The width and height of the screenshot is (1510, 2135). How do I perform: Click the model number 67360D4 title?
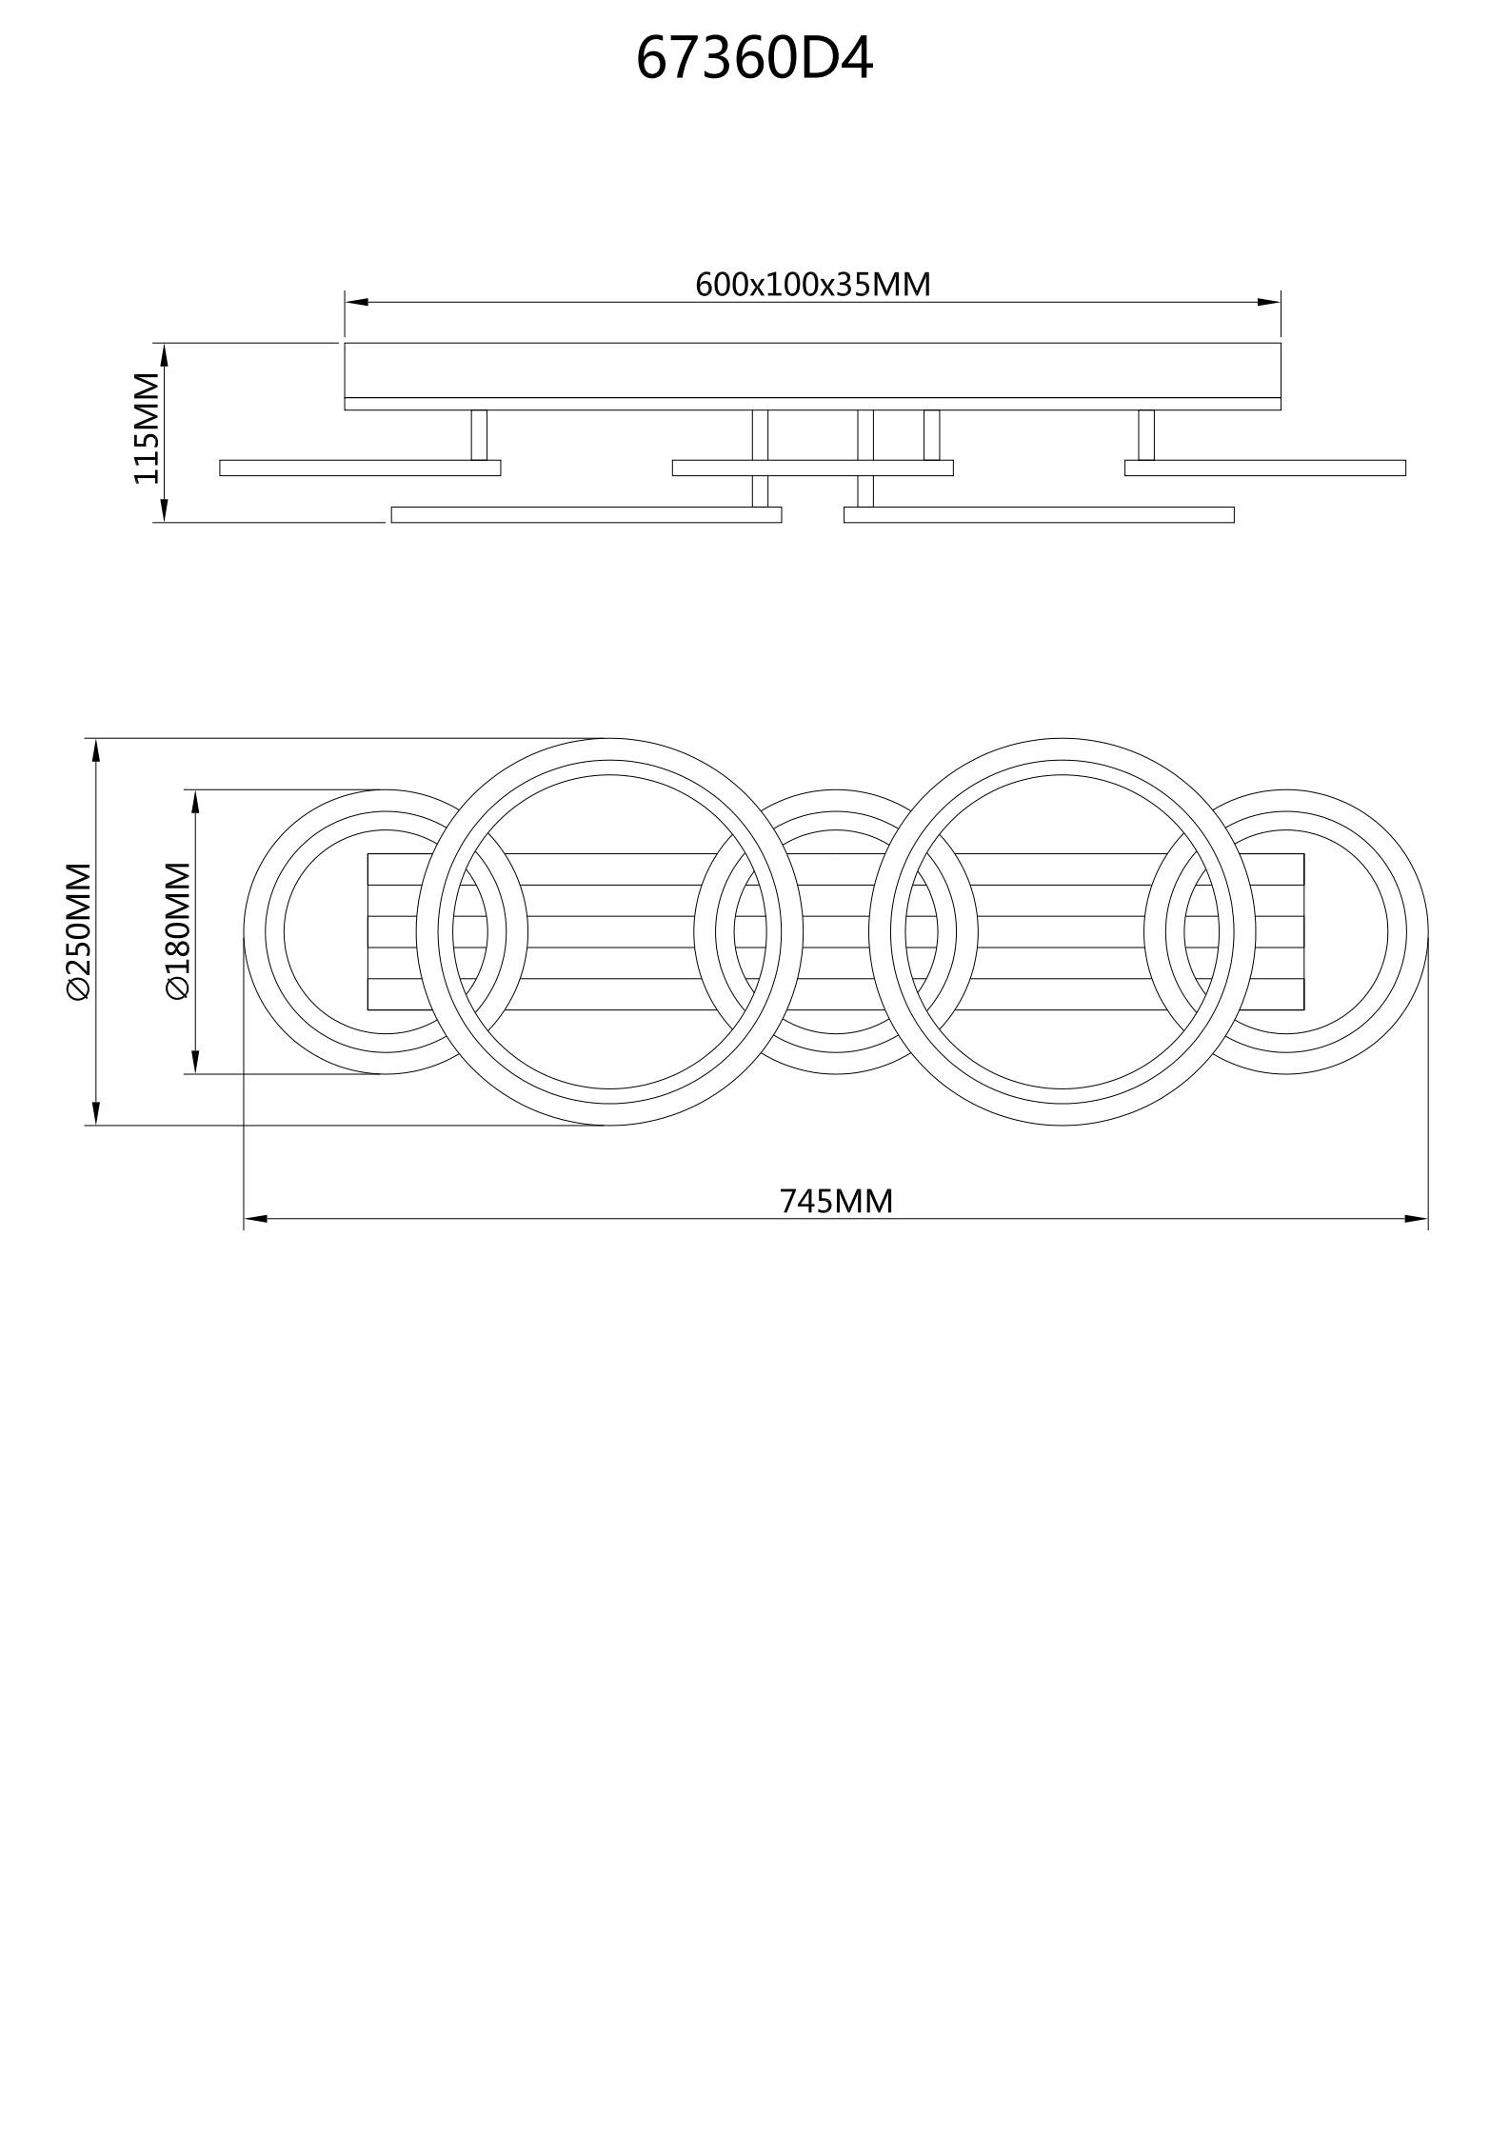(x=754, y=59)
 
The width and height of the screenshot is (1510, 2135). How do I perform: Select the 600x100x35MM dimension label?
(x=812, y=285)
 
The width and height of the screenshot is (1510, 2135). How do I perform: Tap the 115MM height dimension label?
(x=147, y=429)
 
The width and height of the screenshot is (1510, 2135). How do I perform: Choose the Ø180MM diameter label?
(x=178, y=931)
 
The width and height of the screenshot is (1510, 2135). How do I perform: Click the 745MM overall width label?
(x=836, y=1202)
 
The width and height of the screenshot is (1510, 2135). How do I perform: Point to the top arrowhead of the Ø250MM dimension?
(x=96, y=749)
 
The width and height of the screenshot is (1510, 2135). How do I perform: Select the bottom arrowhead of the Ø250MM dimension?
(x=96, y=1113)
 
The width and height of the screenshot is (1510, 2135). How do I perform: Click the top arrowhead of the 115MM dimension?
(x=164, y=354)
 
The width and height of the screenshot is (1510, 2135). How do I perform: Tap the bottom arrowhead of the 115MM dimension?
(x=164, y=510)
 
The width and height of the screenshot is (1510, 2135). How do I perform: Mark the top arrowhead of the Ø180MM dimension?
(x=195, y=801)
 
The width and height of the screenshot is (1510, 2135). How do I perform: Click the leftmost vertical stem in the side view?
(x=479, y=434)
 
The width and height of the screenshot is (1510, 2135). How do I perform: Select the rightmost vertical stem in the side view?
(x=1146, y=434)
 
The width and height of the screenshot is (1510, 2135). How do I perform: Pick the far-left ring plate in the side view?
(x=360, y=468)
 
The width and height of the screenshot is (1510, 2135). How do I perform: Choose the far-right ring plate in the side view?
(x=1264, y=468)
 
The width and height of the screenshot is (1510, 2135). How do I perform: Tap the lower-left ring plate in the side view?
(x=586, y=515)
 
